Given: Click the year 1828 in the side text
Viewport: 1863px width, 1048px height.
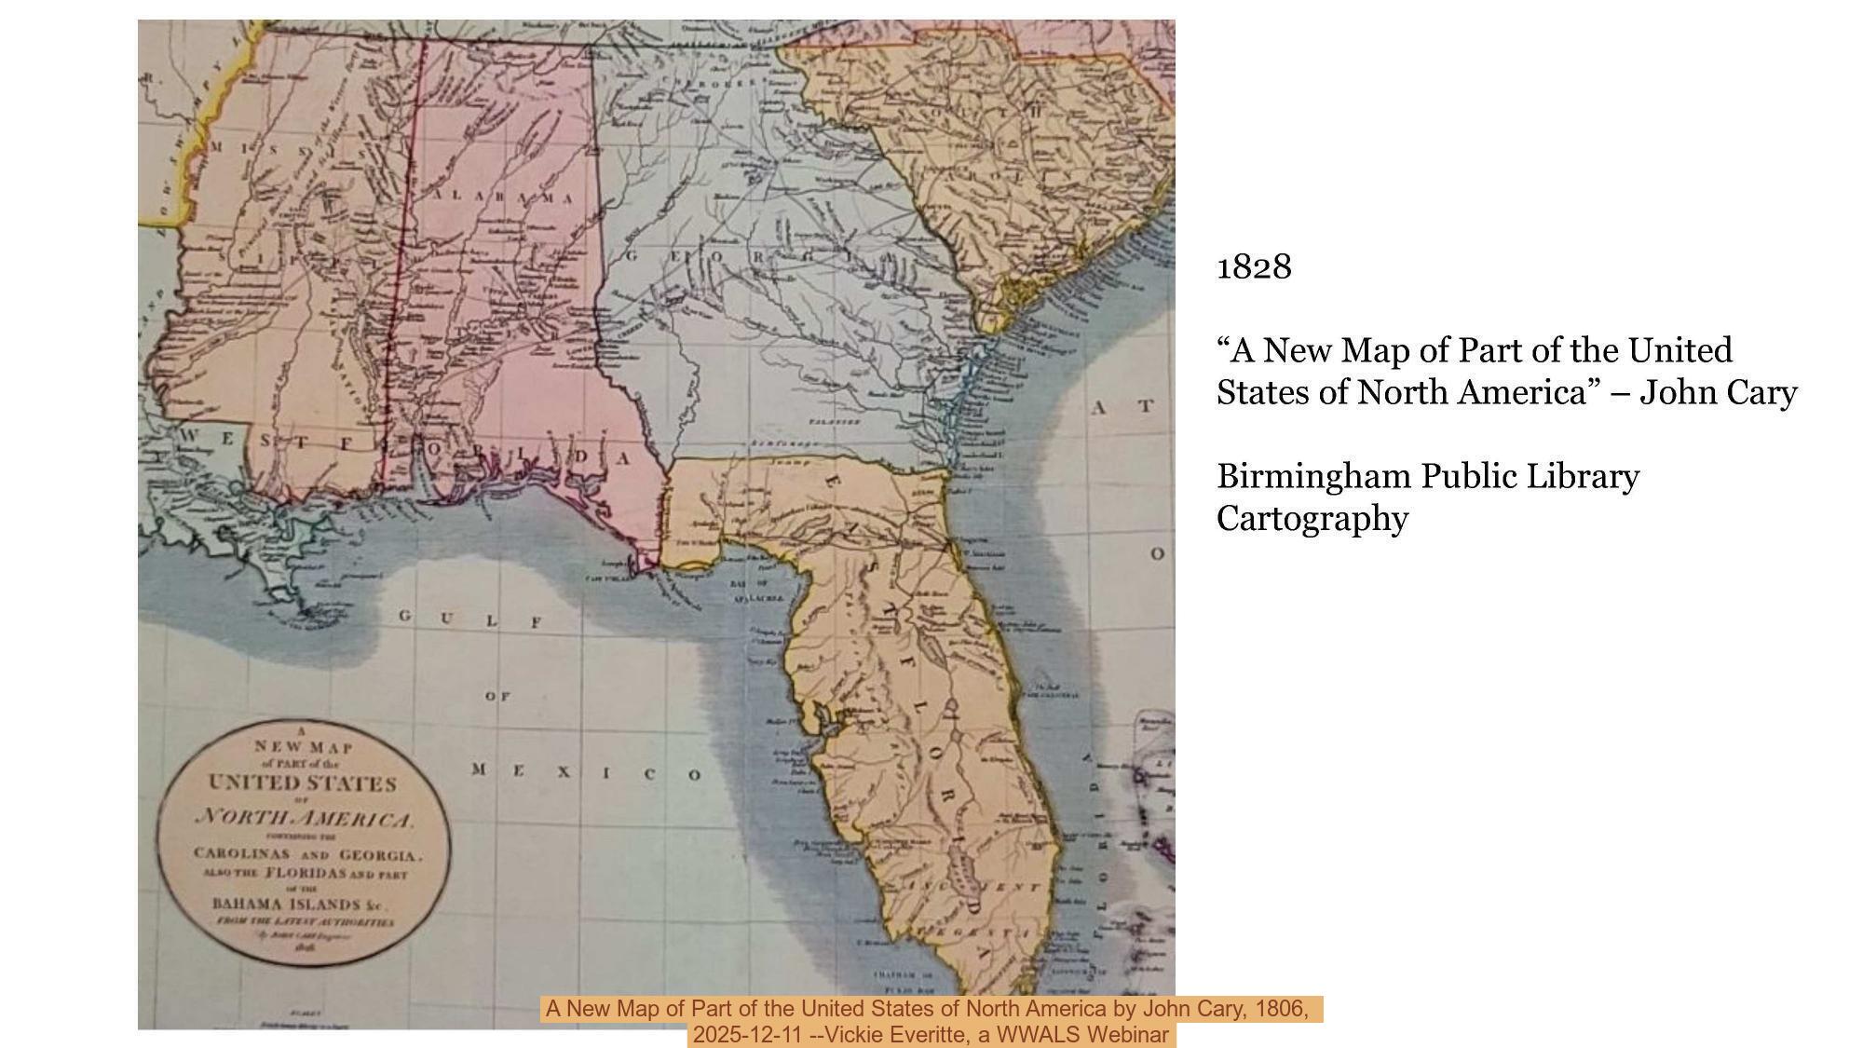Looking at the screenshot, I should tap(1254, 267).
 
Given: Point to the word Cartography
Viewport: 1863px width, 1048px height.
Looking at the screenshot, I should tap(1312, 518).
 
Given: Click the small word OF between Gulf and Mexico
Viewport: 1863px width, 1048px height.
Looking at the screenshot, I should tap(497, 696).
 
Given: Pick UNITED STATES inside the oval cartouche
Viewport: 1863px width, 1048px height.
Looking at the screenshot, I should tap(303, 783).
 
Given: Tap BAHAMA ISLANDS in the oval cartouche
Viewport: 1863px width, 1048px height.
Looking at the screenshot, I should tap(287, 904).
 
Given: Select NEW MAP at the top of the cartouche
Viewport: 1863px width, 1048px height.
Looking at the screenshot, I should tap(304, 747).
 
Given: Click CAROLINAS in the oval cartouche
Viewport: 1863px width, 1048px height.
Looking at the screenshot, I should tap(241, 853).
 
